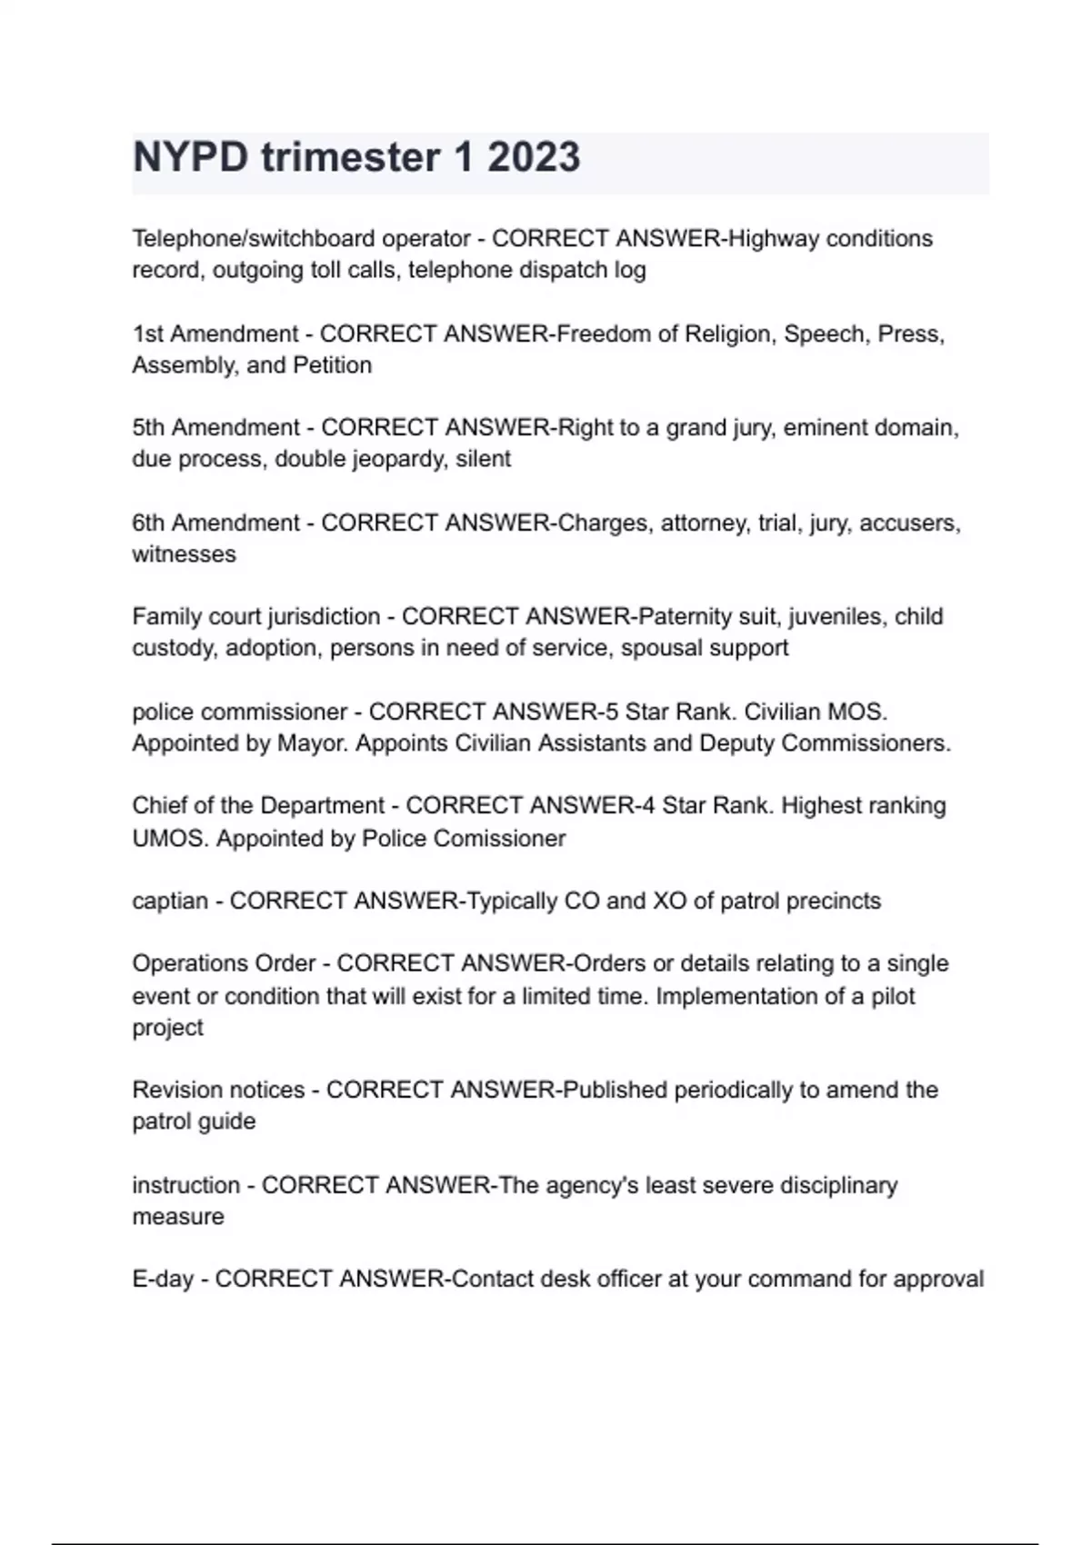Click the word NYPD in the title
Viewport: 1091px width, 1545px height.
(x=190, y=157)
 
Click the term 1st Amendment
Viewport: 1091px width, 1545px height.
(x=215, y=334)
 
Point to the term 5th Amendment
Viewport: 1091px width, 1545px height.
(x=216, y=427)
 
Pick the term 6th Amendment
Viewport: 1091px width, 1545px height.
(x=216, y=523)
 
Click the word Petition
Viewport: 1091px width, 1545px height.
(x=332, y=365)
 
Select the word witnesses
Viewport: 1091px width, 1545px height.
(x=184, y=554)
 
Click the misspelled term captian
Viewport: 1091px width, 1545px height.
(x=170, y=901)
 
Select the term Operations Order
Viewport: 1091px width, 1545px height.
(x=224, y=963)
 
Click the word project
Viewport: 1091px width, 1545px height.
(x=167, y=1028)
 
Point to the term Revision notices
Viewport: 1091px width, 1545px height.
(x=218, y=1090)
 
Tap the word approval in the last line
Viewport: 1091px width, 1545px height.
(x=938, y=1280)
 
